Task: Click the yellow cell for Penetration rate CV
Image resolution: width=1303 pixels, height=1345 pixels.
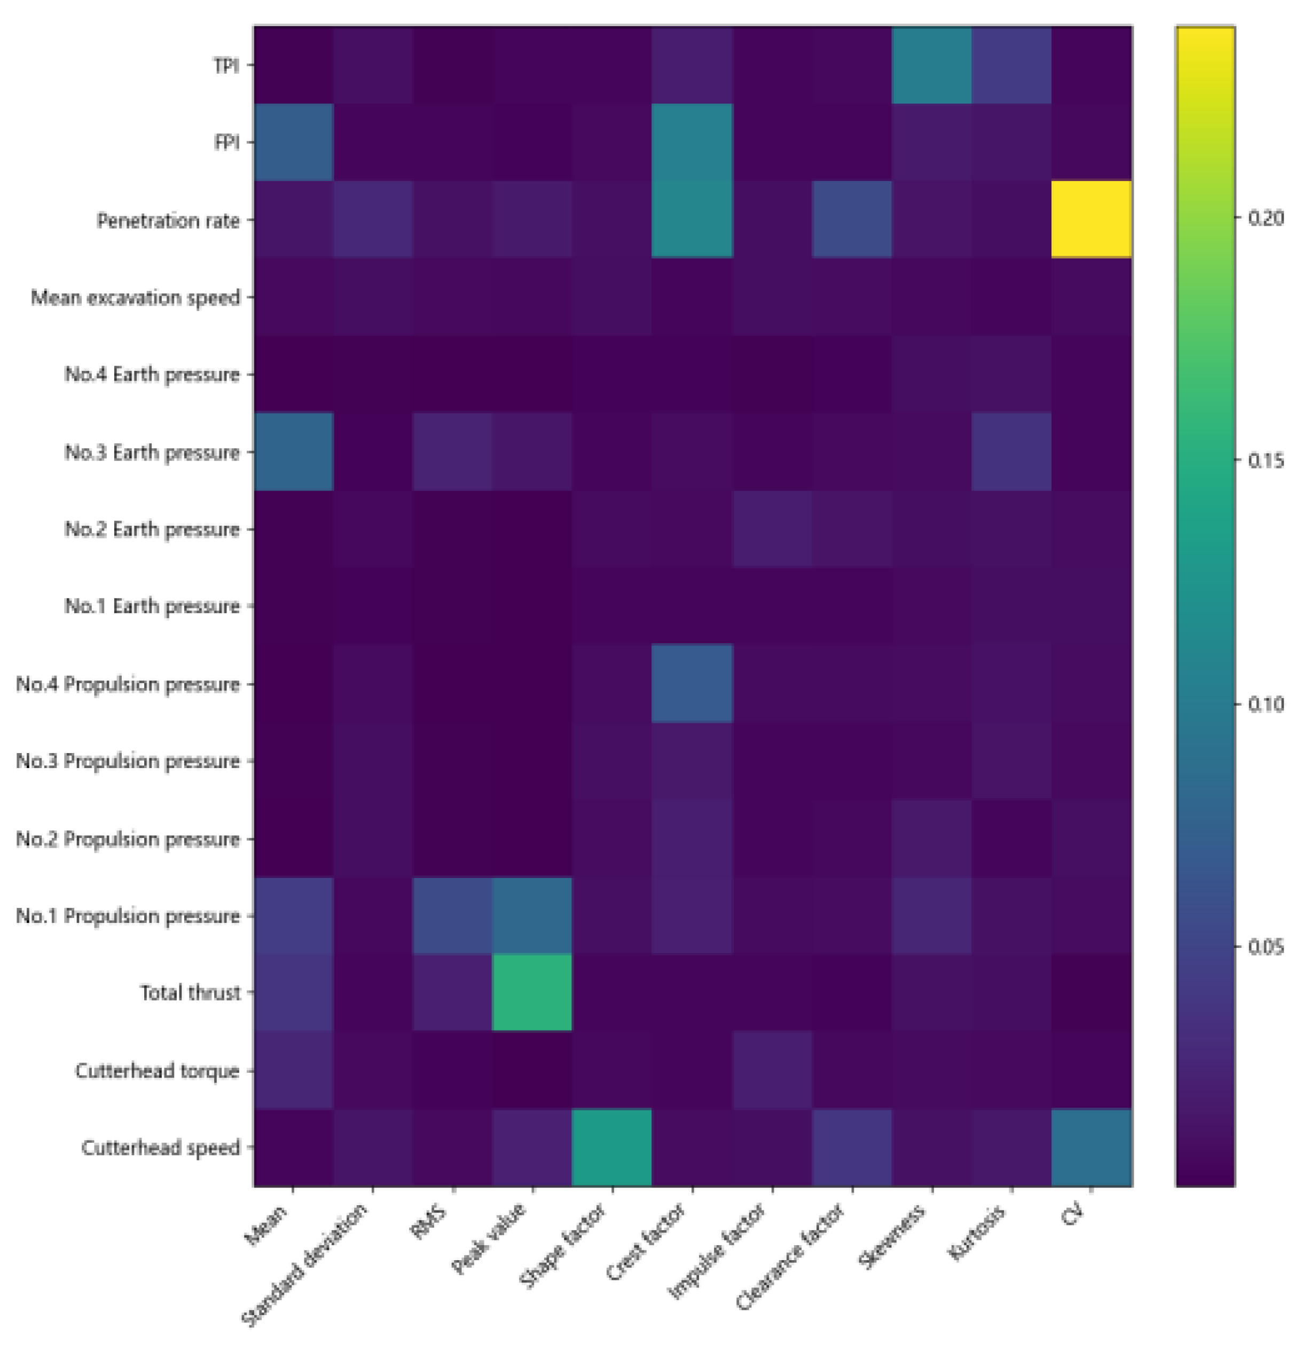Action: coord(1091,219)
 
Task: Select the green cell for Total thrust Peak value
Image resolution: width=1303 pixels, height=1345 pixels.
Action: coord(532,992)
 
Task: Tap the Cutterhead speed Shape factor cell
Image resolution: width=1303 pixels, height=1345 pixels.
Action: coord(611,1148)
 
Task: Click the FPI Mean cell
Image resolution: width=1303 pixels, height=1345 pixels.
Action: coord(293,142)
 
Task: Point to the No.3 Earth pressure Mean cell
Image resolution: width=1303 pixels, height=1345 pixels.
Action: coord(293,452)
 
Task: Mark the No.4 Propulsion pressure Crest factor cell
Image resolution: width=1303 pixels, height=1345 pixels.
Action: coord(692,684)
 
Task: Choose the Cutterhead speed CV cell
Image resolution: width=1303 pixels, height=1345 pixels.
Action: coord(1091,1148)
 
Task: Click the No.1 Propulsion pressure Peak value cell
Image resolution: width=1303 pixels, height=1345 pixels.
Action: coord(532,915)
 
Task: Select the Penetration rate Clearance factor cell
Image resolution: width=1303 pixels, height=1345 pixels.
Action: coord(851,219)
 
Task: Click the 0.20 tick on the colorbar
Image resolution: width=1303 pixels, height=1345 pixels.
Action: coord(1265,218)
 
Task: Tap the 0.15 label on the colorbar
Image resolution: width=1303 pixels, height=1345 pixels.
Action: coord(1265,461)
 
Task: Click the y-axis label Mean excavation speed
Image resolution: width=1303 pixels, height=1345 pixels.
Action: coord(135,298)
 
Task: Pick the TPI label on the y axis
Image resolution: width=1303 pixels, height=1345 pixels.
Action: coord(226,66)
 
